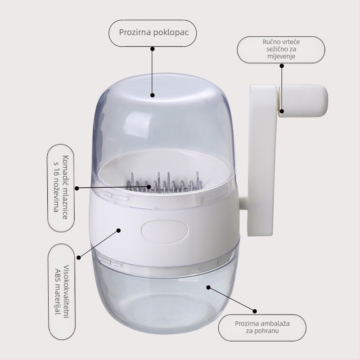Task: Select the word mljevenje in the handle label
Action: [x=281, y=57]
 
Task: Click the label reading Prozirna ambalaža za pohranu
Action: [x=262, y=328]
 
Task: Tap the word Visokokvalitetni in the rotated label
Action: [x=66, y=292]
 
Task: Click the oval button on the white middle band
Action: [x=165, y=231]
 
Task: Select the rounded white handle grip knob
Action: [x=303, y=101]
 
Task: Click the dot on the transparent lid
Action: [x=153, y=95]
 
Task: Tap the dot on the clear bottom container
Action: [x=208, y=287]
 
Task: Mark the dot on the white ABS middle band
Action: [x=118, y=230]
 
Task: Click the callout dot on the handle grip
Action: [x=282, y=111]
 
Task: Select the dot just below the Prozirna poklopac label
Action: [x=153, y=49]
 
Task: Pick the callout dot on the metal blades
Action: [x=149, y=187]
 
